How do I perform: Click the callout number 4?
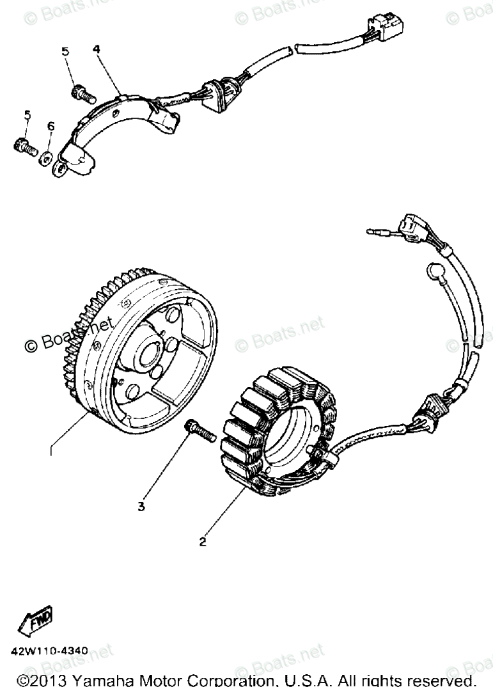97,49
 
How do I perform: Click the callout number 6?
51,126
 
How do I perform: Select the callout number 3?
141,507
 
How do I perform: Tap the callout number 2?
203,542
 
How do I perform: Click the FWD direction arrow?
38,619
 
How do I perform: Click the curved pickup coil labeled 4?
121,122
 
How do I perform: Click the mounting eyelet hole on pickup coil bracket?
59,168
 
